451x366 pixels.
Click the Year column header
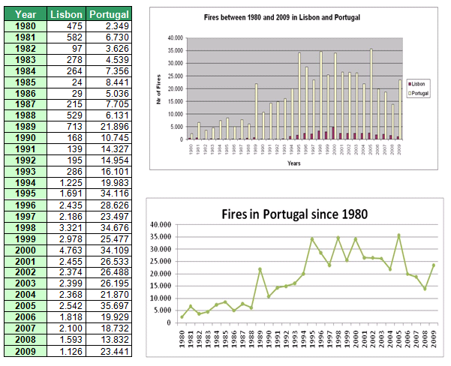pos(26,14)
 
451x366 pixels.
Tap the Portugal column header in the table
pos(108,14)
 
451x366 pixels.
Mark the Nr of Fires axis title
pos(158,88)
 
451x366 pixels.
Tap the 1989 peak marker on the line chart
pos(260,269)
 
